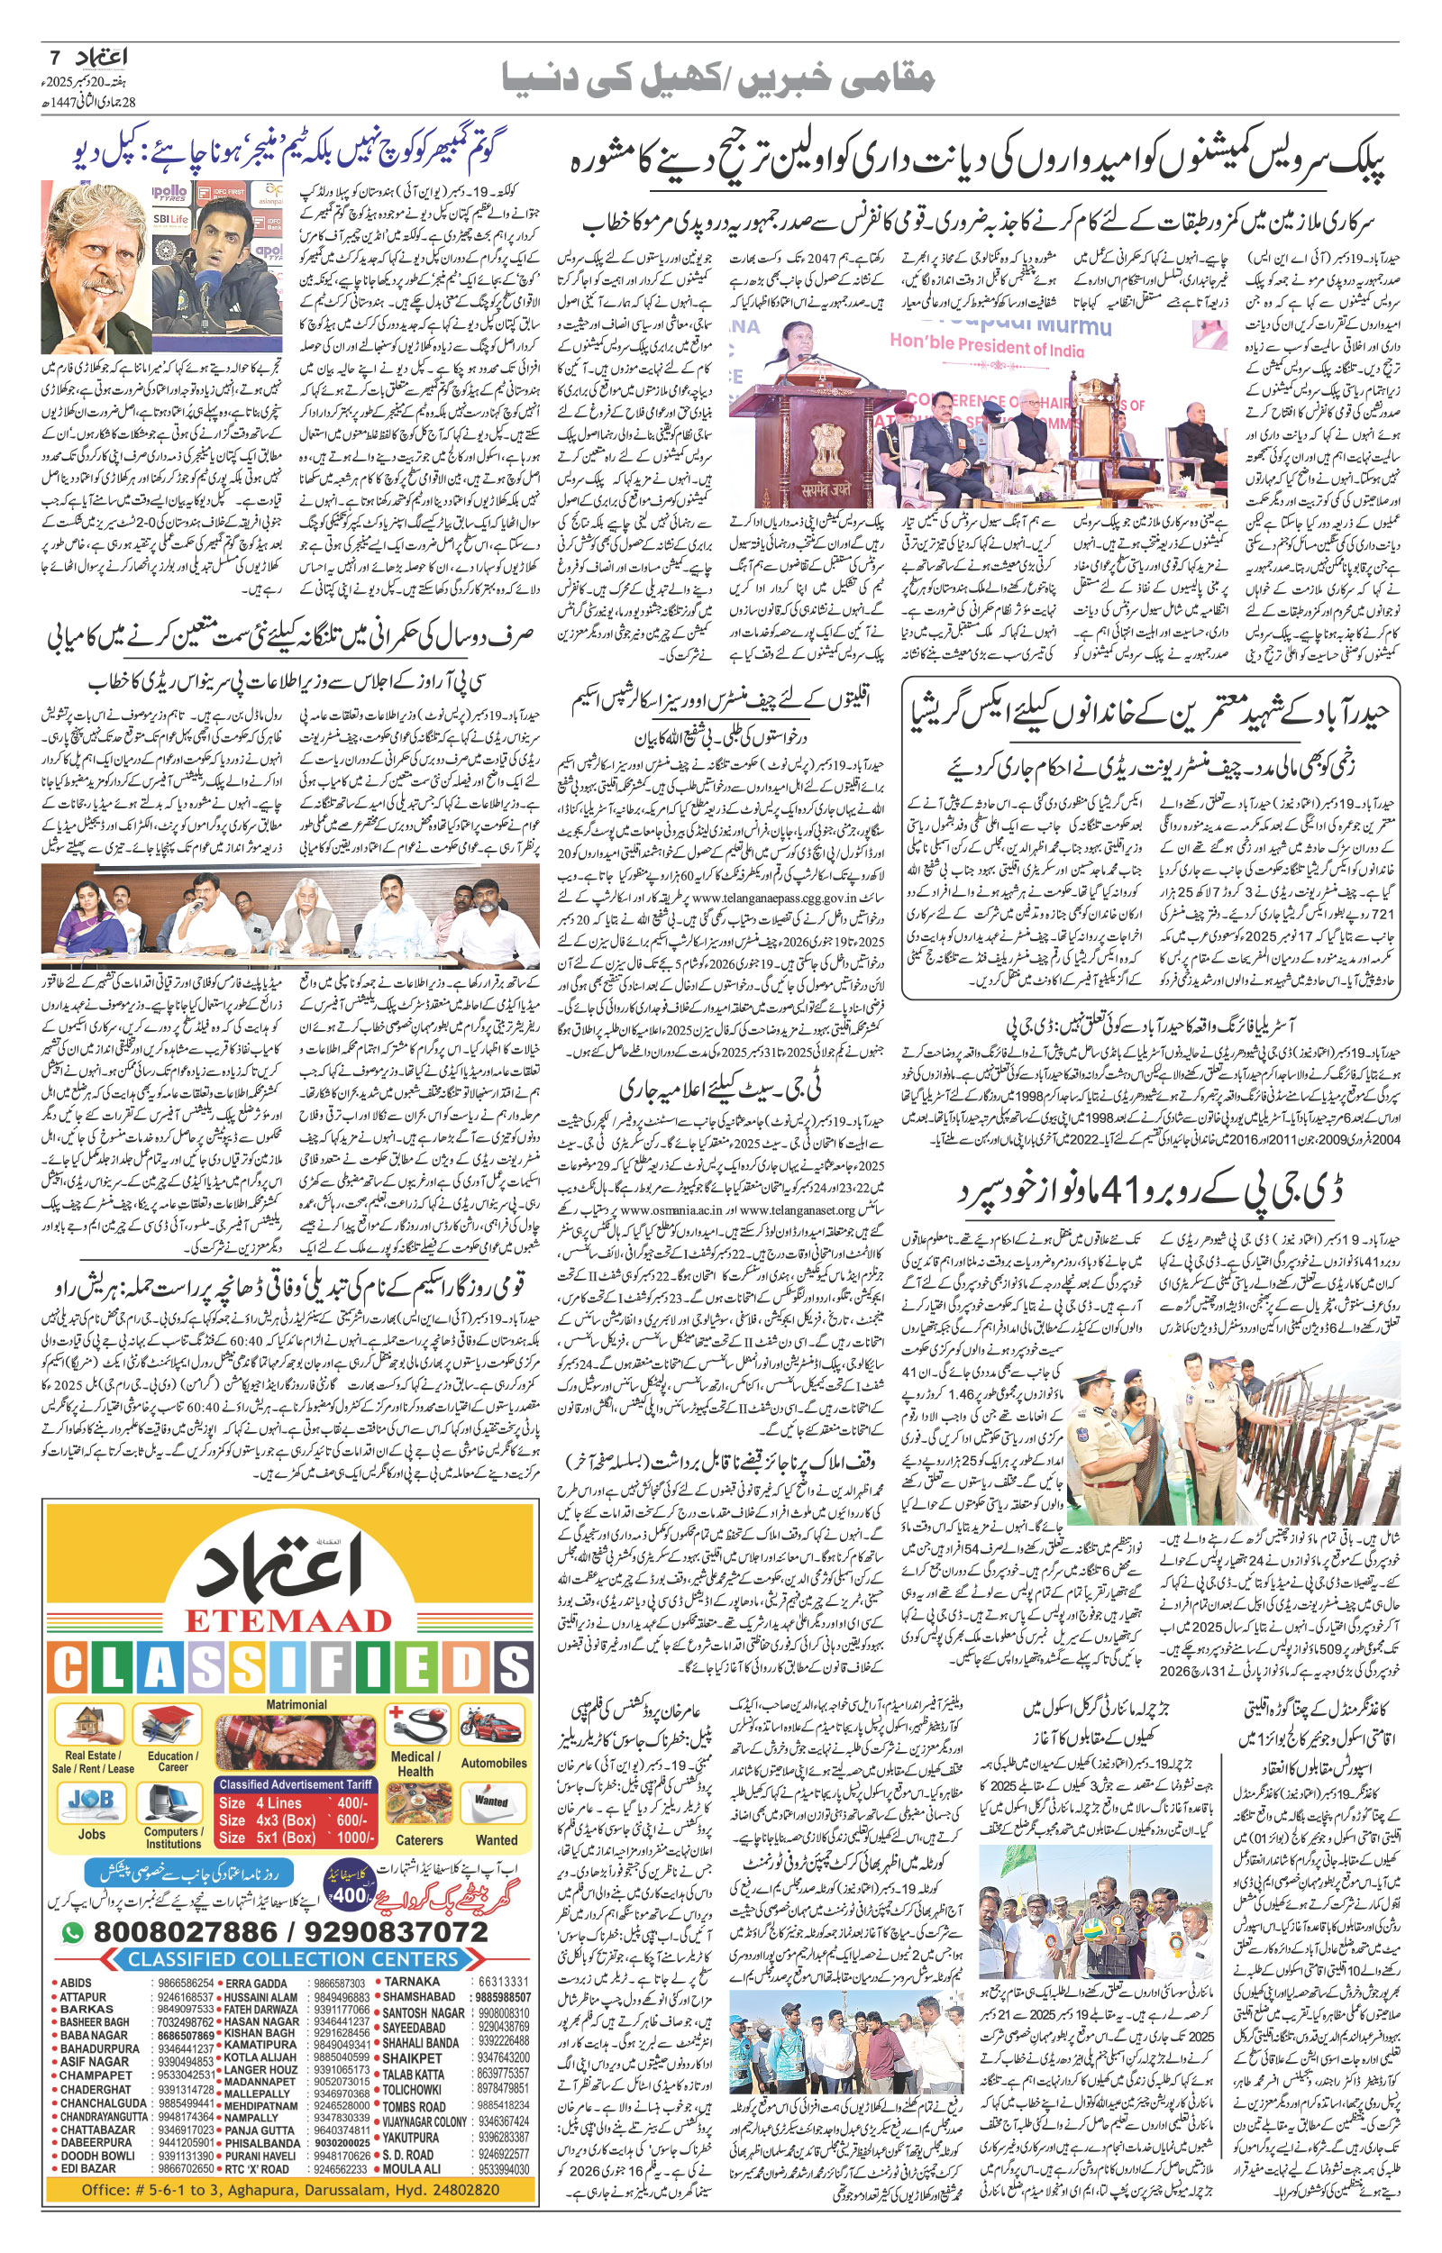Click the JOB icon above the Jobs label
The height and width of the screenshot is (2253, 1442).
point(91,1800)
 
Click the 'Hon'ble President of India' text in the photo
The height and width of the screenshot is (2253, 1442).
point(986,348)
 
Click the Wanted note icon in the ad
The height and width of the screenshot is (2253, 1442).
point(491,1801)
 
